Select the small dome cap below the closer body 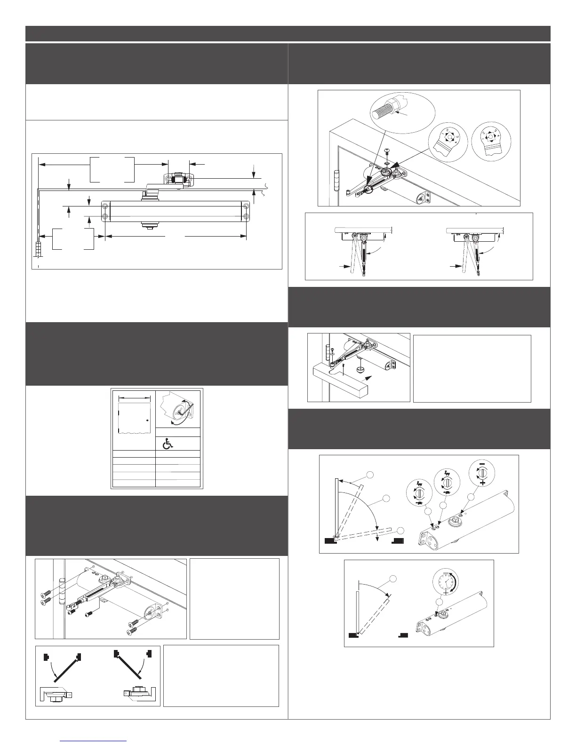360,370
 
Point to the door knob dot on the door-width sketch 147,420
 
